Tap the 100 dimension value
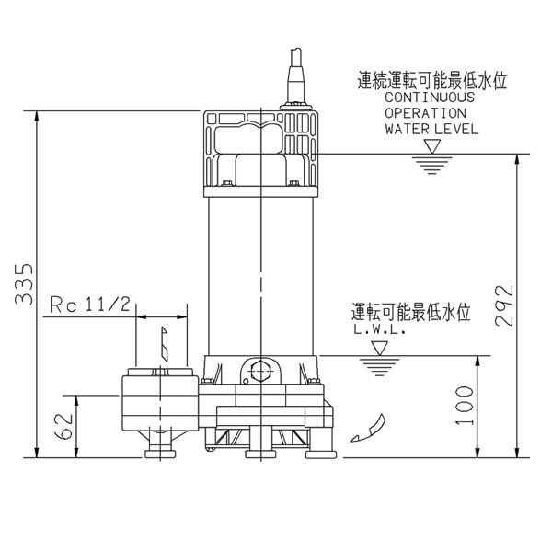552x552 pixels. point(465,405)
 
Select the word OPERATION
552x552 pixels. point(424,113)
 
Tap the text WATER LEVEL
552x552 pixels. point(431,129)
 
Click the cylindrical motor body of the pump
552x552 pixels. point(262,276)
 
